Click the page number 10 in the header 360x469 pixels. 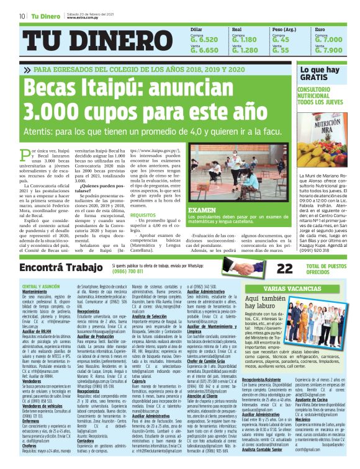pyautogui.click(x=22, y=16)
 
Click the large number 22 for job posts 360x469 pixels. pyautogui.click(x=267, y=268)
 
